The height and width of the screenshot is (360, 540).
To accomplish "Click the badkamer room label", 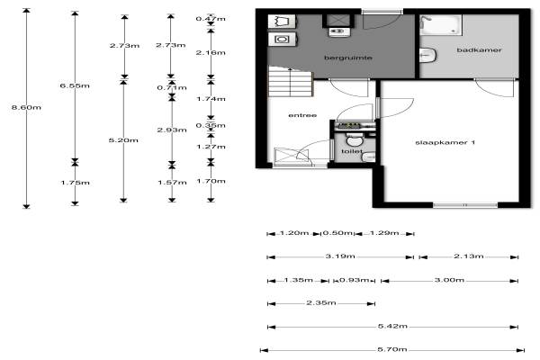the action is (x=479, y=50).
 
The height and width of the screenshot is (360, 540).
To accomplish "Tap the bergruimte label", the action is (x=348, y=58).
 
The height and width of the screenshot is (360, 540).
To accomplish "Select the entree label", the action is (x=302, y=115).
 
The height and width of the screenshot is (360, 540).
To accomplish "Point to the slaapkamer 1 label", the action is (x=445, y=142).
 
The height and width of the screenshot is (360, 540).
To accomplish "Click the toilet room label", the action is (x=352, y=151).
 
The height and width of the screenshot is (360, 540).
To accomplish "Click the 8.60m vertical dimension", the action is (x=26, y=107).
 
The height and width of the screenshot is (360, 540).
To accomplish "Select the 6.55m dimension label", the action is (x=75, y=85).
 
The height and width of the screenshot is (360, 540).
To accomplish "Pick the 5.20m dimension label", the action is (x=123, y=140).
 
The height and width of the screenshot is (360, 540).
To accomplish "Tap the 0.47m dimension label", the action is (x=211, y=19).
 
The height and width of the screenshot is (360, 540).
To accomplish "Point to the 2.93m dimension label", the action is (x=172, y=130).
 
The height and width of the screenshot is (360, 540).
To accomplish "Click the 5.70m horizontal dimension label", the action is (x=392, y=349).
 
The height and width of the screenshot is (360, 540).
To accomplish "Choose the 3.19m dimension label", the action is (x=340, y=256).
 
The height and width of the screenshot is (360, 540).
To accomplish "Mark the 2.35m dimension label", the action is (x=321, y=302).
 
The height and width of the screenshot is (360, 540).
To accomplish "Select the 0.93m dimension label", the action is (x=355, y=280).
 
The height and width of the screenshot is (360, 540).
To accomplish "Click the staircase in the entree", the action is (x=291, y=82).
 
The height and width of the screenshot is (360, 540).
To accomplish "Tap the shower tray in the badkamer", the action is (x=440, y=24).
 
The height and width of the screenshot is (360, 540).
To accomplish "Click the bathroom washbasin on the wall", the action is (x=427, y=55).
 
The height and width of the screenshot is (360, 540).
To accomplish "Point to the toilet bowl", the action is (x=355, y=140).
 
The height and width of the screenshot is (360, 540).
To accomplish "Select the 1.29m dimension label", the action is (x=384, y=233).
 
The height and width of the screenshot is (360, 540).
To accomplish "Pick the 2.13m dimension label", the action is (x=469, y=256).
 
